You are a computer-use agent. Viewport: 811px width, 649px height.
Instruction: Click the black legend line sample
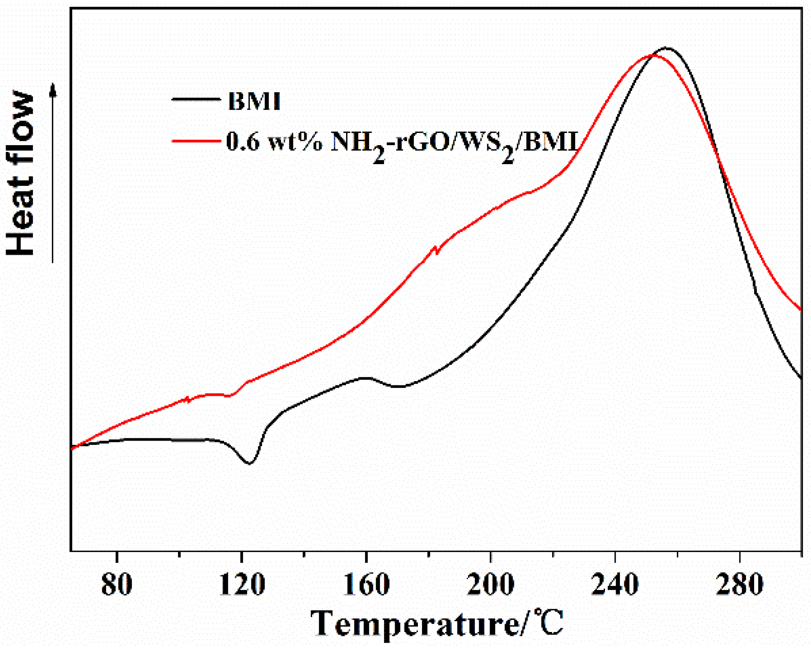coord(196,99)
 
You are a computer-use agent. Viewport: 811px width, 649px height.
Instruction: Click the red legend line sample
coord(196,140)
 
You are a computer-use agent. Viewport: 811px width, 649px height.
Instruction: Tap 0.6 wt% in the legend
coord(274,141)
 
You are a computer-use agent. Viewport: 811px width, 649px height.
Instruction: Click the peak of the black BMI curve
coord(666,48)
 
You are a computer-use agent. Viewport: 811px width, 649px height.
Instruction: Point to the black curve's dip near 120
coord(249,463)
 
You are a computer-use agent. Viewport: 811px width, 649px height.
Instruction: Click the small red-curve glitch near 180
coord(436,250)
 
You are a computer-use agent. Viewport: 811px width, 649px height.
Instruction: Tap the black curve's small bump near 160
coord(366,378)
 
